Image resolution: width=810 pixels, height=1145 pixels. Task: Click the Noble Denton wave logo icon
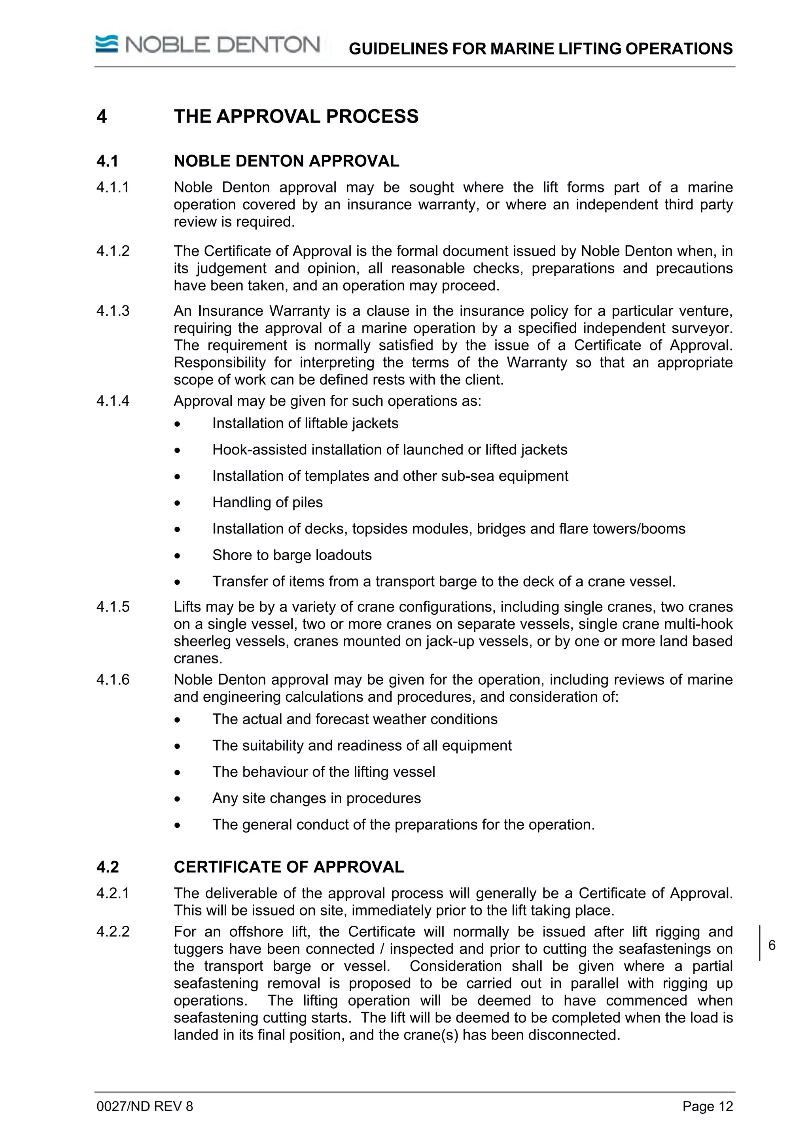tap(107, 44)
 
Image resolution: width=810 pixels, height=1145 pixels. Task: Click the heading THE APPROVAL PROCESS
tap(296, 116)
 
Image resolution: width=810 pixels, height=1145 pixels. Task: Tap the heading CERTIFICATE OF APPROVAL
tap(288, 867)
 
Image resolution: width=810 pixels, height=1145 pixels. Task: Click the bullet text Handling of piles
tap(267, 502)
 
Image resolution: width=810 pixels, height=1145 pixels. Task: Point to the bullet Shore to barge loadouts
tap(292, 555)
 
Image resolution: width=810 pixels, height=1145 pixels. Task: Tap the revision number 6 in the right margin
tap(772, 945)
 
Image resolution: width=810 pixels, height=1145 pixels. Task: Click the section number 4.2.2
tap(113, 932)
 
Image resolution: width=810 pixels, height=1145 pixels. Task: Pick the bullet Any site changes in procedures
tap(316, 798)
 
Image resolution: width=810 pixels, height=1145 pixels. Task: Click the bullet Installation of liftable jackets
tap(305, 424)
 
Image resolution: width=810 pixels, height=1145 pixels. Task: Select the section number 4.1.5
tap(113, 606)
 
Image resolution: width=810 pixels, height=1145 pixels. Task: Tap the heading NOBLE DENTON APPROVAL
tap(286, 161)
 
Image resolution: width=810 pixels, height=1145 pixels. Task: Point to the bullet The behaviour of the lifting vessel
tap(324, 772)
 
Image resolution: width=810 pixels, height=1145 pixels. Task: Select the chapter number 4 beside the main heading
tap(102, 116)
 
